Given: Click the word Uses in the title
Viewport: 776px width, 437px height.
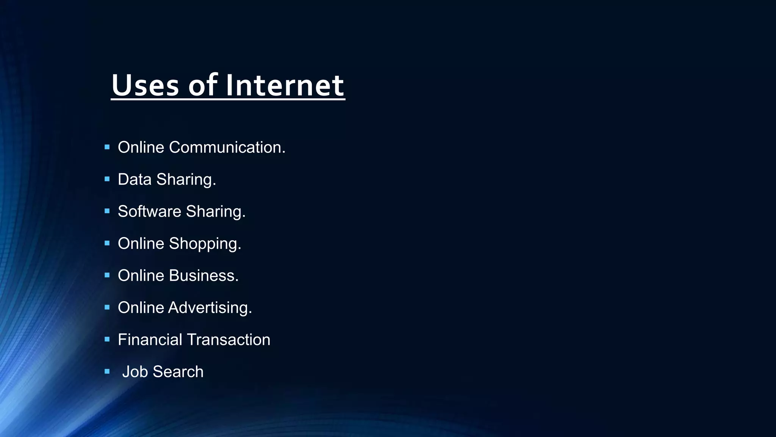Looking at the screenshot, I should pos(145,85).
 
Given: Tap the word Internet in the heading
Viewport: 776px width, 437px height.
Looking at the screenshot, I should pos(285,85).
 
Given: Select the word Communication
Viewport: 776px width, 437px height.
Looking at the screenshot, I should pos(227,147).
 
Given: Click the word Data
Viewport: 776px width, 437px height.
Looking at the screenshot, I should pos(135,179).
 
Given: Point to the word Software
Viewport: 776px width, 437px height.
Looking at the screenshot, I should pos(149,211).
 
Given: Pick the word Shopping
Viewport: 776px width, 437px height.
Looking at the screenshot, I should pos(205,244).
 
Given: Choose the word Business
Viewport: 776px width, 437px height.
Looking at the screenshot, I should pos(204,275).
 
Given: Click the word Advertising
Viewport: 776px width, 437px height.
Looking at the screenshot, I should pos(210,308).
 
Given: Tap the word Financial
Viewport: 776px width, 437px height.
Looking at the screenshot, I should pos(150,340).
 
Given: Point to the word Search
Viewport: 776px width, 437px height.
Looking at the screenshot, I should pos(178,372).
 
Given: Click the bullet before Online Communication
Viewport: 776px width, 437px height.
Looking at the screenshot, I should pos(107,147).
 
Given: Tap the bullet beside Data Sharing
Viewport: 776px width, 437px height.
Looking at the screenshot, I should pos(107,179).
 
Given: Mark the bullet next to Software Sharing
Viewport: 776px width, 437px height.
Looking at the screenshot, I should pos(107,211).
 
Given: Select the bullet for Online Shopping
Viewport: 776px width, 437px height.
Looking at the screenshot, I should pos(107,243).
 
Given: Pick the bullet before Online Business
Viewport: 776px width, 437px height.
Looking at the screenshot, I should pos(107,275).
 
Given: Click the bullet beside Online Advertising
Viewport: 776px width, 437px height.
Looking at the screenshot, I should pos(107,307).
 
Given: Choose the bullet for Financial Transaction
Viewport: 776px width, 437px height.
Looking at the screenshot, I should pos(107,339).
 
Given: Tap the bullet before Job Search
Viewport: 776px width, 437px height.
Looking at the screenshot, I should pos(107,371).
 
